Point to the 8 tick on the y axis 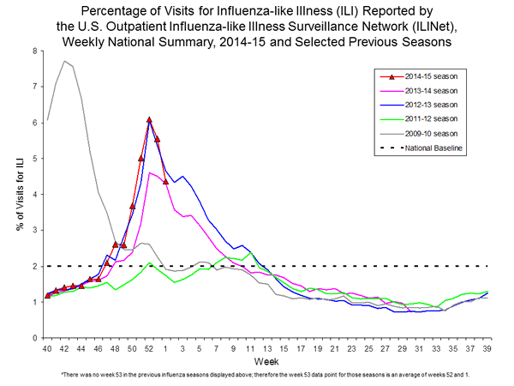tap(34, 51)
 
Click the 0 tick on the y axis tap(34, 338)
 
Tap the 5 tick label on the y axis tap(34, 159)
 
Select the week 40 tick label tap(47, 348)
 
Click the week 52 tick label tap(149, 348)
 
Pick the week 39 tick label tap(487, 348)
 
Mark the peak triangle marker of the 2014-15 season tap(149, 120)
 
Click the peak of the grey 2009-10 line tap(64, 61)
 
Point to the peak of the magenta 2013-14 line tap(149, 172)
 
